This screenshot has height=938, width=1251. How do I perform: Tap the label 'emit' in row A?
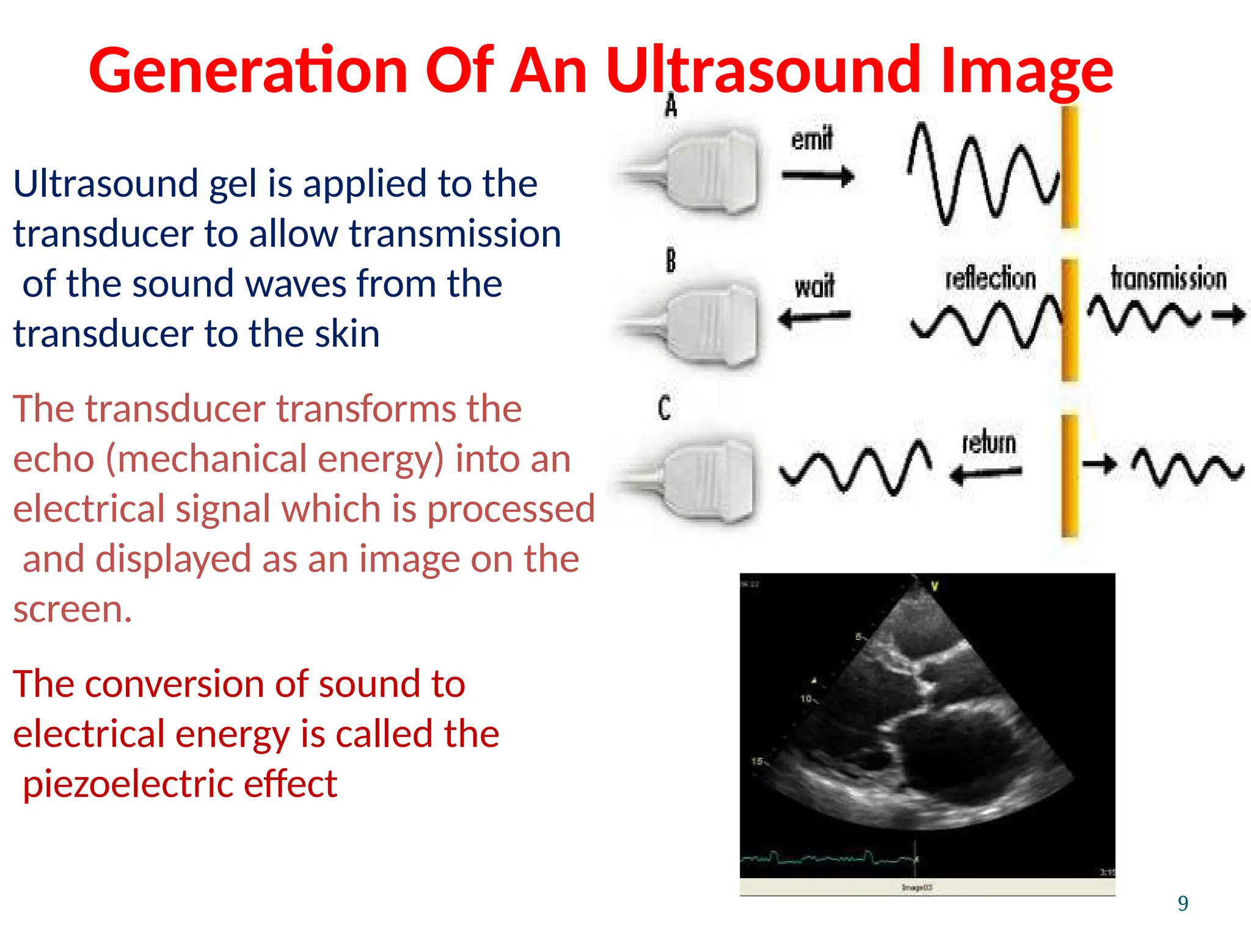pyautogui.click(x=812, y=139)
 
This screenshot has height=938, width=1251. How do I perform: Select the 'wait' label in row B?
pyautogui.click(x=814, y=286)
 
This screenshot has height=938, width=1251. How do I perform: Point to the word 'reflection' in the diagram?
pyautogui.click(x=990, y=278)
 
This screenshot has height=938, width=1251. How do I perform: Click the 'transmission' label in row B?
pyautogui.click(x=1168, y=278)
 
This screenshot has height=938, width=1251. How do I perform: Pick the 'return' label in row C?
pyautogui.click(x=989, y=442)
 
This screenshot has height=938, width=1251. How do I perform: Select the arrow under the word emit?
pyautogui.click(x=817, y=176)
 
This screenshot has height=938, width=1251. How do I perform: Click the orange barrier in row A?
pyautogui.click(x=1069, y=168)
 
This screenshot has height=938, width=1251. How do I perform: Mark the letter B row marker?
pyautogui.click(x=671, y=261)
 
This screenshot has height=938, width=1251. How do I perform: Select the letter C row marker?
pyautogui.click(x=665, y=408)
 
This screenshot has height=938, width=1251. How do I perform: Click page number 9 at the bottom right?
pyautogui.click(x=1183, y=903)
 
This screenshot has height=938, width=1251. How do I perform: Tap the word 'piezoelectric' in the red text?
pyautogui.click(x=128, y=784)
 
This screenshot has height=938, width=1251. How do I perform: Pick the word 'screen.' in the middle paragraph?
pyautogui.click(x=73, y=609)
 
